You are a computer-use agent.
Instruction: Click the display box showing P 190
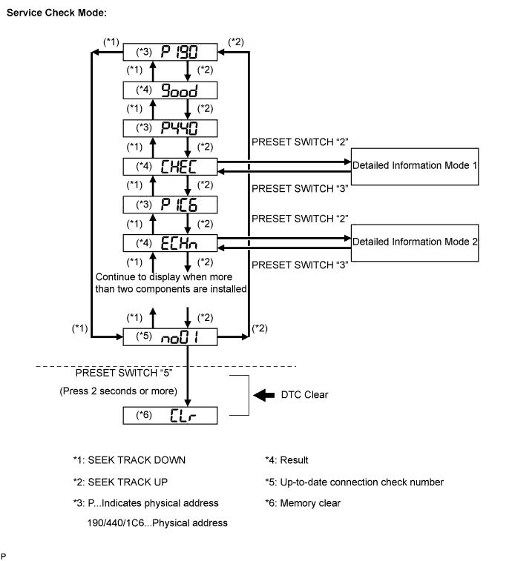(171, 52)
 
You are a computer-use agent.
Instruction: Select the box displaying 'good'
(171, 90)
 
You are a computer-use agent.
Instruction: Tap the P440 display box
(171, 127)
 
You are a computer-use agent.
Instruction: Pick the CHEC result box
(171, 165)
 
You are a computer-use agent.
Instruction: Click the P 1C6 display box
(171, 204)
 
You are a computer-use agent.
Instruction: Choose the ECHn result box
(171, 242)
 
